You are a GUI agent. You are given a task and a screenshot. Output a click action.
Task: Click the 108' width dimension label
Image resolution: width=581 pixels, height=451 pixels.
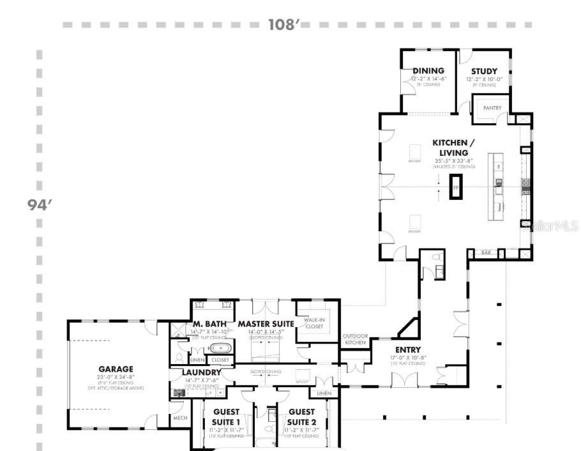tap(284, 25)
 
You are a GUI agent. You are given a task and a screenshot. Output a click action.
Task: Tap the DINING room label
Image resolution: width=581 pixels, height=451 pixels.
tap(428, 71)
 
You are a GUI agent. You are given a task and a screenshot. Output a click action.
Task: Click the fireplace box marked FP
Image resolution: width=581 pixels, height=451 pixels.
tap(456, 187)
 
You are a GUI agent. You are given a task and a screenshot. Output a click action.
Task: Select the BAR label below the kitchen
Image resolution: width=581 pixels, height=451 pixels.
tap(485, 254)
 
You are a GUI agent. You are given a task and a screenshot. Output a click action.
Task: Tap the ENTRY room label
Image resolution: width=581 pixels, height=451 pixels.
tap(408, 349)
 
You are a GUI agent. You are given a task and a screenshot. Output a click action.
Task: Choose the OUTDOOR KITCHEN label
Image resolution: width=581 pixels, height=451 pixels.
tap(355, 339)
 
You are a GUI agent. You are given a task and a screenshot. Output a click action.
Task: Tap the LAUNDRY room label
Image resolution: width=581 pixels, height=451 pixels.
tap(202, 372)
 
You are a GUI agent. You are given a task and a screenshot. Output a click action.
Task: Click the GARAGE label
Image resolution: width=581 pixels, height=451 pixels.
tap(116, 369)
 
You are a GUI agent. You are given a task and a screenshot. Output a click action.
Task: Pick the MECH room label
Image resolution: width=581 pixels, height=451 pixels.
tap(179, 418)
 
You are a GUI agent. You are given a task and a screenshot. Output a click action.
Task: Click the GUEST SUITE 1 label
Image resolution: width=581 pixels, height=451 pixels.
tap(226, 417)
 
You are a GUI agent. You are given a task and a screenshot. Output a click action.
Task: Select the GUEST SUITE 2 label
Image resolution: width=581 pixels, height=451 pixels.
tap(301, 417)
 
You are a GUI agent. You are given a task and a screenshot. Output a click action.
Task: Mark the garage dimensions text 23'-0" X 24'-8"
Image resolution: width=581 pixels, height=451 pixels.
tap(116, 377)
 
